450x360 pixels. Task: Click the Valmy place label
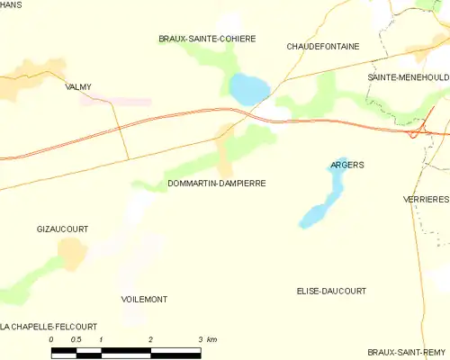(79, 87)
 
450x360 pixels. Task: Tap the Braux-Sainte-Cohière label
(207, 39)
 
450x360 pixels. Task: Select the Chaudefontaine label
(322, 46)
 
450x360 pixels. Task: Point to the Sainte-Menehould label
(408, 78)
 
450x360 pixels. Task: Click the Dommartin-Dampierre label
(216, 183)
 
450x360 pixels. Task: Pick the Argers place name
(346, 166)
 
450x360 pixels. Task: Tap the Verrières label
(427, 199)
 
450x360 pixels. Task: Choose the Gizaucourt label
(62, 229)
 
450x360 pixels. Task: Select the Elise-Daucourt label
(331, 292)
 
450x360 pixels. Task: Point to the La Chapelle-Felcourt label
(49, 326)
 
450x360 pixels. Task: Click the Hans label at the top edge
(11, 4)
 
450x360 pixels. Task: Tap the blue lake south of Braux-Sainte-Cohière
(249, 88)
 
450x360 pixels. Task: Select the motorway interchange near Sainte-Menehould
(417, 132)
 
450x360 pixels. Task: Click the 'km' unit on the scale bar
(211, 339)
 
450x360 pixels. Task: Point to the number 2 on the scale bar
(150, 339)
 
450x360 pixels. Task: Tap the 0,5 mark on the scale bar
(76, 339)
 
